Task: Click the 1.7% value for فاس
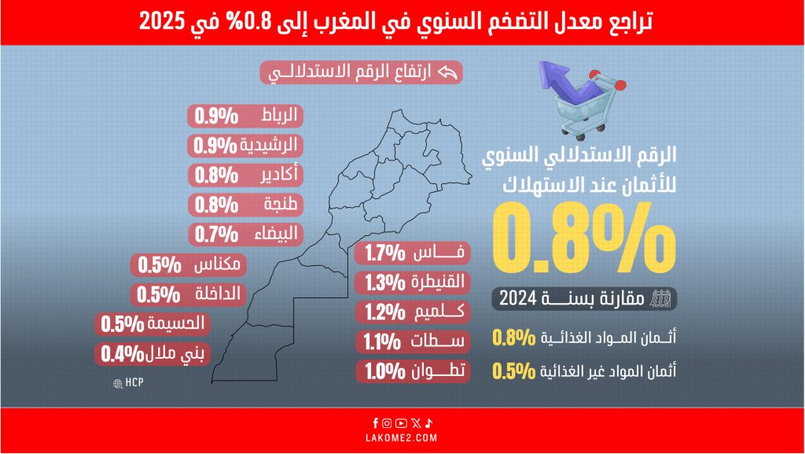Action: [384, 253]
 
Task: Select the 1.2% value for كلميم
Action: [384, 312]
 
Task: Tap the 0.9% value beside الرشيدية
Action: [217, 146]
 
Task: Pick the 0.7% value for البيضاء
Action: [217, 234]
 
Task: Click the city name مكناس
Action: [219, 264]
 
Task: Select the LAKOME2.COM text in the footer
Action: [402, 437]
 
